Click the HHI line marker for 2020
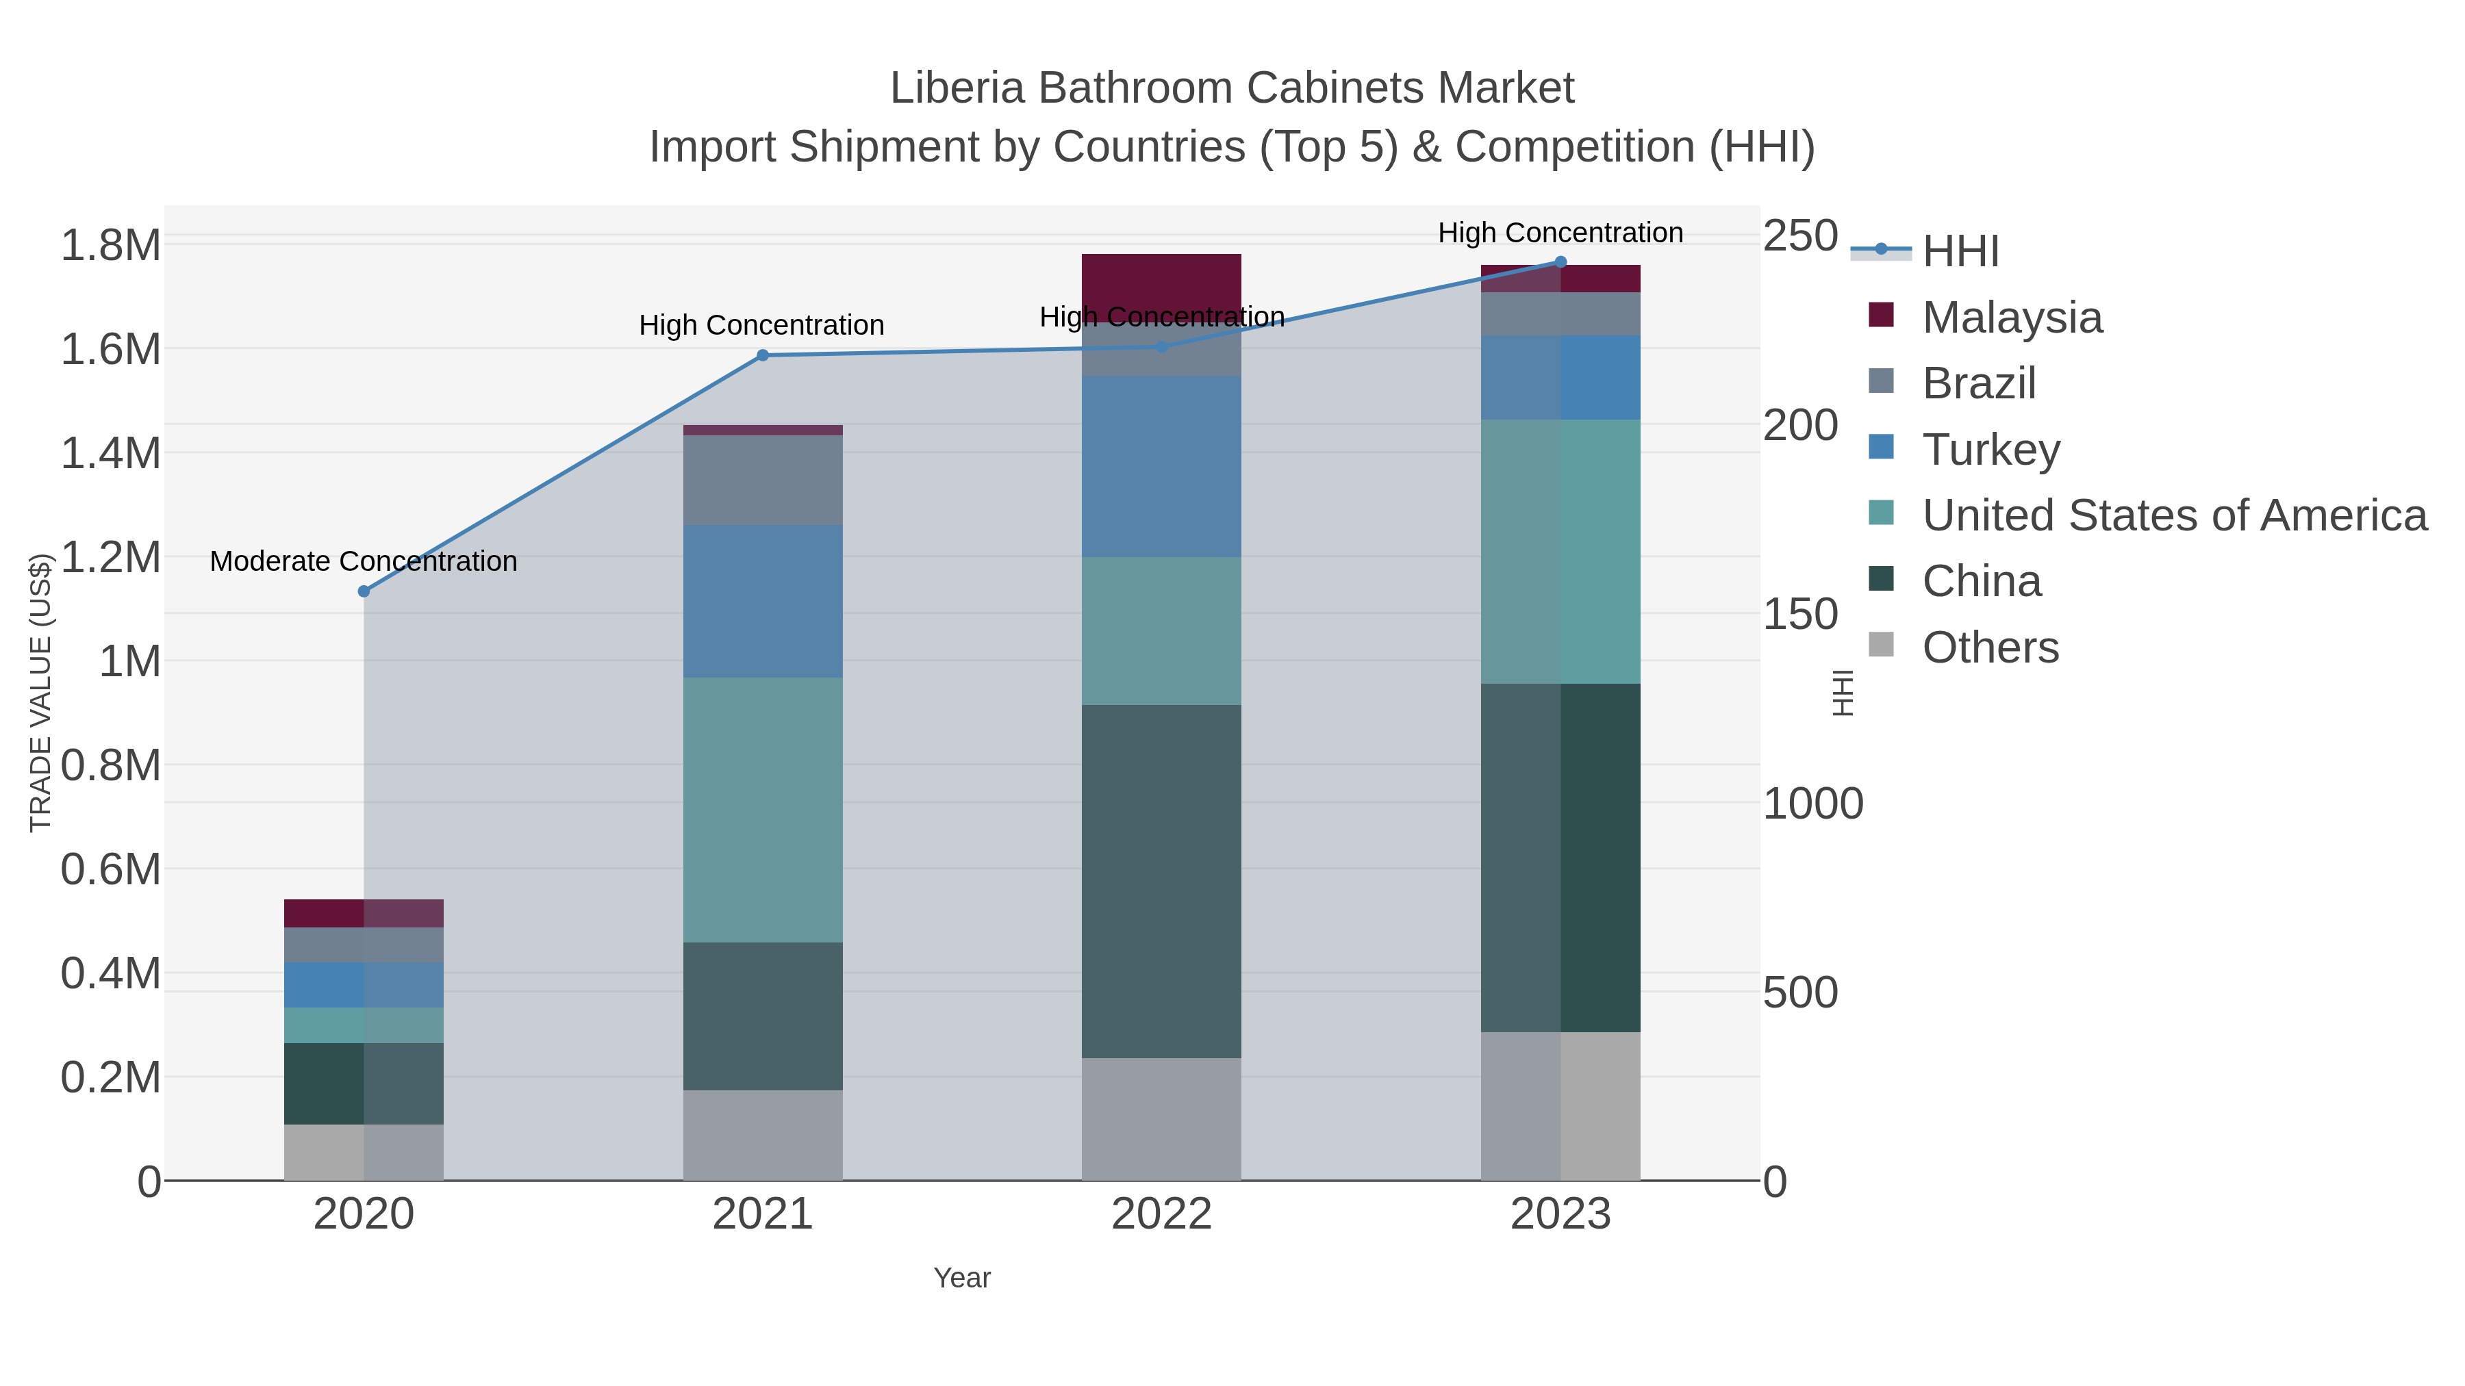click(364, 591)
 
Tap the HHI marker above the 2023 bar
click(1560, 262)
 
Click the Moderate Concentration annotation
click(364, 561)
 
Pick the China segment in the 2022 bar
click(1162, 880)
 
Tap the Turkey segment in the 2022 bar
click(1162, 466)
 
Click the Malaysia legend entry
click(2012, 318)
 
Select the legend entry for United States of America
click(2174, 515)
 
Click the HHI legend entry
click(1960, 252)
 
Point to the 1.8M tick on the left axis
click(110, 246)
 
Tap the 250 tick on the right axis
click(1800, 236)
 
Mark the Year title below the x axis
click(962, 1278)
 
